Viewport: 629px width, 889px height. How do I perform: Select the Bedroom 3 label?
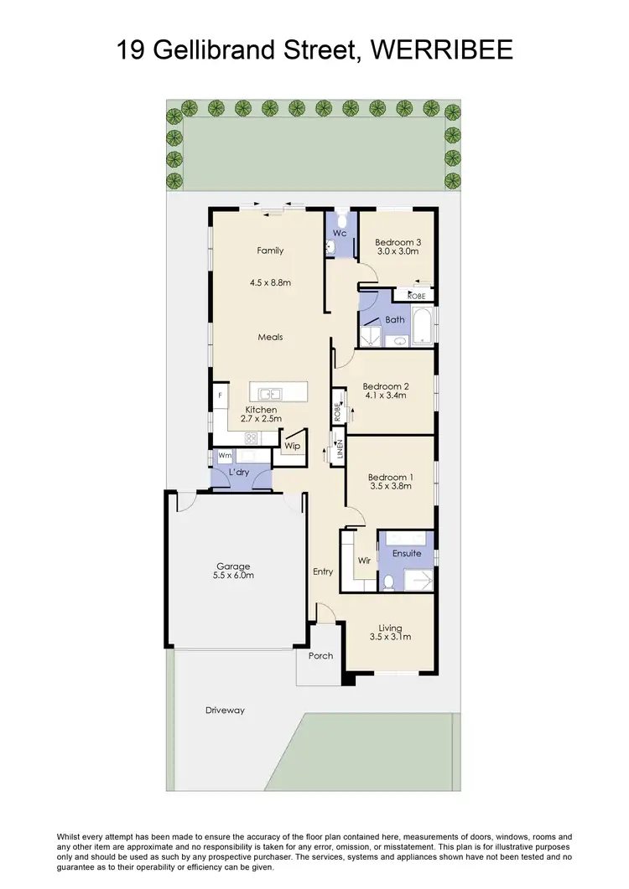click(x=398, y=242)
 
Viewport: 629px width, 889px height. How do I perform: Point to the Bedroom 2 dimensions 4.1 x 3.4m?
click(x=384, y=395)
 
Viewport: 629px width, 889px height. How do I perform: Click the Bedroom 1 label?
click(x=390, y=478)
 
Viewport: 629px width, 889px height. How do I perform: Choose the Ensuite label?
click(x=407, y=553)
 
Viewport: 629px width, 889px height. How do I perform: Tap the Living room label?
click(x=390, y=628)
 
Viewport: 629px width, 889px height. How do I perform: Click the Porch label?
click(x=320, y=655)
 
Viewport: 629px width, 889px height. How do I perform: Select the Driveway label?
click(x=225, y=710)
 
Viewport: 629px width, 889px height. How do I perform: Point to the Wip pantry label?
click(x=292, y=446)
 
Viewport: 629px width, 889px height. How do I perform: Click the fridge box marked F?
click(x=221, y=395)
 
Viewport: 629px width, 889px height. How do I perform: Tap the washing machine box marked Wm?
click(x=225, y=456)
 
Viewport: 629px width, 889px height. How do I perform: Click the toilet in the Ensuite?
click(x=388, y=581)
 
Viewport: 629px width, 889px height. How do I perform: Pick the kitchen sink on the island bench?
click(x=270, y=393)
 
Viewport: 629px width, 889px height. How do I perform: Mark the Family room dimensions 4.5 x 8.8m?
click(x=270, y=282)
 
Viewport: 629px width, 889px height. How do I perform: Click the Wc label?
click(x=340, y=233)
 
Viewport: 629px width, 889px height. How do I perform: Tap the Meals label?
click(x=270, y=337)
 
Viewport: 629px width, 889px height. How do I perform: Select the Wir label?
click(x=364, y=560)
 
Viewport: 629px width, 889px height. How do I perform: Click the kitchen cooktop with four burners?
click(x=250, y=438)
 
